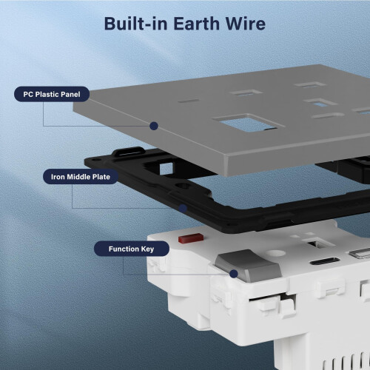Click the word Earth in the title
[x=198, y=24]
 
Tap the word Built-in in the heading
[x=136, y=24]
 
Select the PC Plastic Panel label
[x=52, y=94]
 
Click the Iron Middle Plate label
[x=81, y=177]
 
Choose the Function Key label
[x=132, y=249]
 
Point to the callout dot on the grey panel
[x=154, y=126]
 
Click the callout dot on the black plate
[x=183, y=209]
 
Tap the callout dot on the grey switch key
[x=233, y=274]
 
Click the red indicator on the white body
[x=191, y=238]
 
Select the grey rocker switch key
[x=248, y=266]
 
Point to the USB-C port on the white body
[x=325, y=261]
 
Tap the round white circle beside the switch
[x=277, y=253]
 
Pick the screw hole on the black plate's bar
[x=183, y=185]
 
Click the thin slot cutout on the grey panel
[x=188, y=101]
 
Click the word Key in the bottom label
[x=147, y=249]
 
